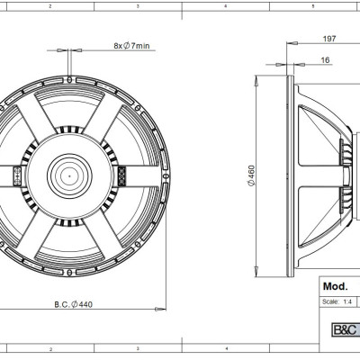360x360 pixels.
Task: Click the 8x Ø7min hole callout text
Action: (133, 45)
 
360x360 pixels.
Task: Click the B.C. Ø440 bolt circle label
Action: (74, 304)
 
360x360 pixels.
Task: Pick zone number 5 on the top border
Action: (310, 5)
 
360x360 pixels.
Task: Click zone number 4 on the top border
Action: (225, 5)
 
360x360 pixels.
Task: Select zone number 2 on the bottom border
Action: (50, 346)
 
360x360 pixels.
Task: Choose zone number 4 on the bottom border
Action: (225, 346)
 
